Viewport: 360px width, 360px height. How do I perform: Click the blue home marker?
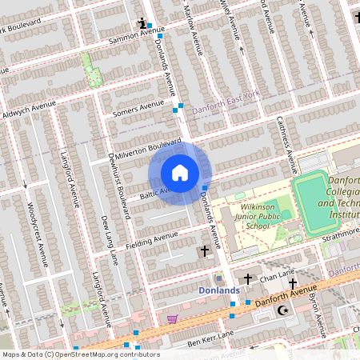pyautogui.click(x=180, y=173)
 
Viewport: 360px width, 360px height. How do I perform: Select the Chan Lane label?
pyautogui.click(x=275, y=275)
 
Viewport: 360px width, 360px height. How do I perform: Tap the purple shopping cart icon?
pyautogui.click(x=172, y=318)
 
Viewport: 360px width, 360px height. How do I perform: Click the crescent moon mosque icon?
pyautogui.click(x=280, y=309)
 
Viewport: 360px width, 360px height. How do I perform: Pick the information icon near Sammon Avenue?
pyautogui.click(x=142, y=23)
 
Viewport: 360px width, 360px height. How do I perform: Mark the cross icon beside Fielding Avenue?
pyautogui.click(x=205, y=251)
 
